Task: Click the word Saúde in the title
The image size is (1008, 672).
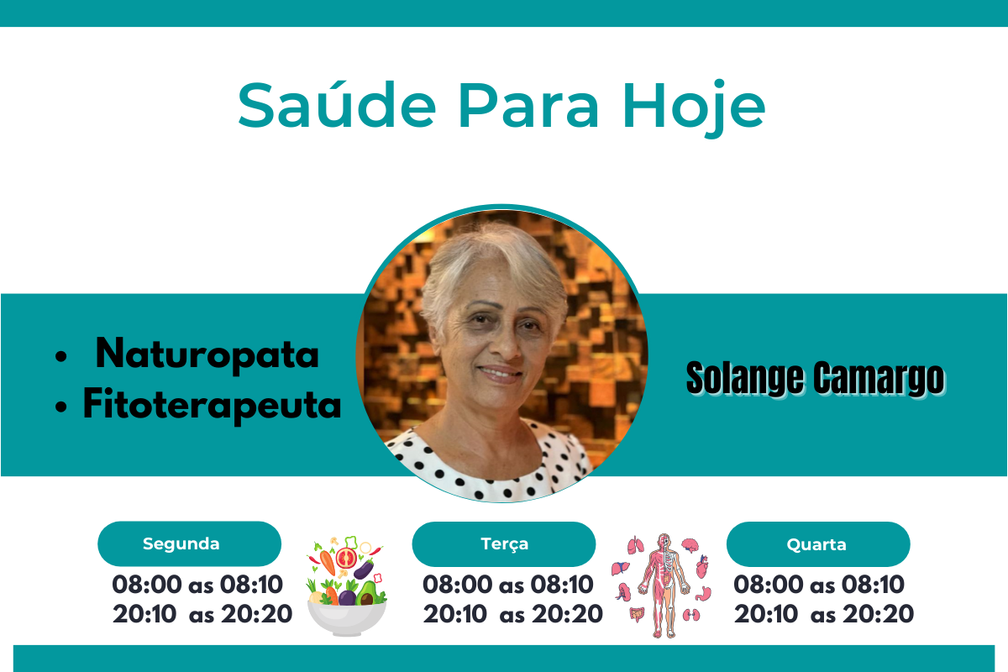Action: (x=337, y=104)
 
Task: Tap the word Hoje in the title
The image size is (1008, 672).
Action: (x=694, y=108)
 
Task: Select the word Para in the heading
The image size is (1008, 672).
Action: (x=528, y=105)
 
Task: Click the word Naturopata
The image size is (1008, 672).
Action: (x=207, y=355)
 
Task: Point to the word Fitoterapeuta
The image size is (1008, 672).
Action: (x=212, y=405)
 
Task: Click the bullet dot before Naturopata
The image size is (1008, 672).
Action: (x=60, y=356)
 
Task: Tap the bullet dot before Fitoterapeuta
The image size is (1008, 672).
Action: (x=60, y=407)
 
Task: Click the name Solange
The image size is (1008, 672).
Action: (x=745, y=379)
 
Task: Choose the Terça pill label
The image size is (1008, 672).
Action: (x=504, y=543)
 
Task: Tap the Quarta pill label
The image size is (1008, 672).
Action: (x=818, y=544)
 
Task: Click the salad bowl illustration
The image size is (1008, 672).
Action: (x=346, y=585)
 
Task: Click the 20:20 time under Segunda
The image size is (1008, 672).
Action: (x=256, y=614)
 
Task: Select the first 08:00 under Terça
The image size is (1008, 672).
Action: (x=457, y=585)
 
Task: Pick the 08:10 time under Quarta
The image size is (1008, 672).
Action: (x=873, y=585)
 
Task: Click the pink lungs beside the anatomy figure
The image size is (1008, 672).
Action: (x=635, y=545)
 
